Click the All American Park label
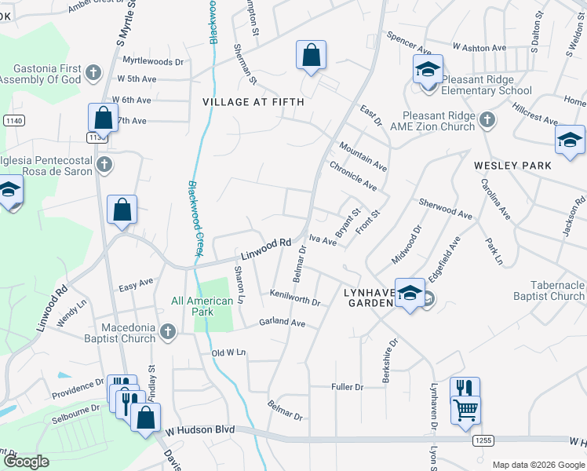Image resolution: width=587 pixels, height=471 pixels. coord(202,306)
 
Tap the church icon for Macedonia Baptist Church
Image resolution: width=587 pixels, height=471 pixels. coord(166,333)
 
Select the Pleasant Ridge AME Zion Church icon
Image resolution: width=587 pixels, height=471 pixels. coord(487,120)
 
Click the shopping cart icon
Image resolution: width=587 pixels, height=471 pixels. coord(466,409)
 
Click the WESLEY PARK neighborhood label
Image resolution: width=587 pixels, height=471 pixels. coord(512,166)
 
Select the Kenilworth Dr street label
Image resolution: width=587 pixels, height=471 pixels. coord(295,298)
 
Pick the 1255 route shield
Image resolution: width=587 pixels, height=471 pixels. coord(483,442)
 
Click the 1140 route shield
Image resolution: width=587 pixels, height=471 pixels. coord(13,121)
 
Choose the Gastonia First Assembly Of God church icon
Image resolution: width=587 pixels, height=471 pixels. coord(93,74)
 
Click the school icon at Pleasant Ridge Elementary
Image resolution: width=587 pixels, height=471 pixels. coord(428,70)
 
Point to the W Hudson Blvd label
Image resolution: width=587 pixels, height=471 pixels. coord(199,430)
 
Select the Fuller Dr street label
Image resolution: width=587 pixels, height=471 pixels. coord(348,387)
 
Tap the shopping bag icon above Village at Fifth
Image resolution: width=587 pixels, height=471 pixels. coord(312,55)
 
